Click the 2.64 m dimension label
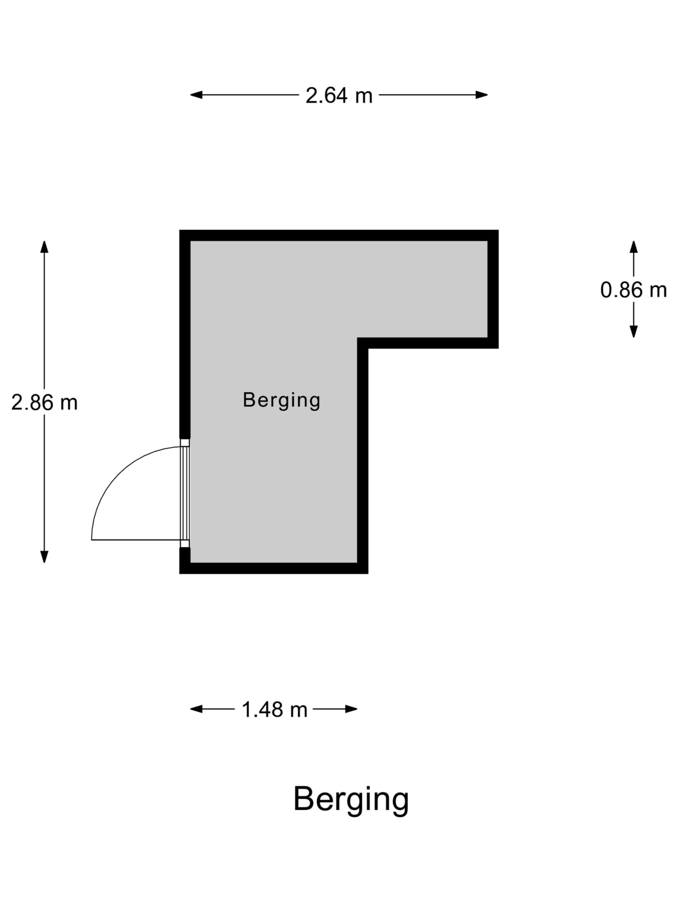click(x=339, y=96)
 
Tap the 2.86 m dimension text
click(x=44, y=402)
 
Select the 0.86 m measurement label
click(x=633, y=290)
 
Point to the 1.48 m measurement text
click(x=274, y=709)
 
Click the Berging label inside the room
click(x=281, y=400)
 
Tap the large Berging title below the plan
click(x=351, y=800)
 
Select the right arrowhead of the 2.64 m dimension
click(x=481, y=95)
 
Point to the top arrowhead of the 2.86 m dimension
click(x=44, y=247)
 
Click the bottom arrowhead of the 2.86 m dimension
click(x=44, y=557)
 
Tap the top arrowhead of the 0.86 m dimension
click(x=634, y=247)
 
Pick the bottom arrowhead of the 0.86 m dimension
click(x=634, y=332)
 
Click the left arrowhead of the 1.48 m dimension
click(x=196, y=709)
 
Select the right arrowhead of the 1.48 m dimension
click(x=351, y=709)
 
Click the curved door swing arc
click(x=119, y=474)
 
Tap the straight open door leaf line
click(x=136, y=540)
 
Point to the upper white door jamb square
click(x=185, y=442)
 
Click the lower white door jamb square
click(x=185, y=543)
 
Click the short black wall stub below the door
click(x=185, y=555)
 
